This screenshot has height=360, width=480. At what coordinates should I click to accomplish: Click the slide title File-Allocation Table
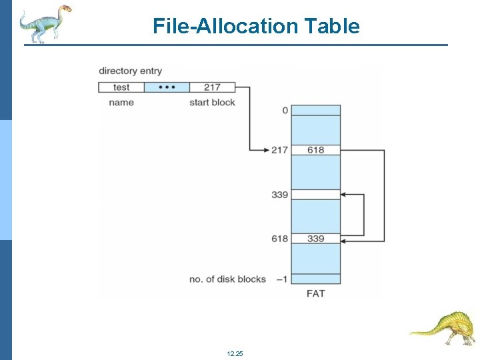[x=256, y=26]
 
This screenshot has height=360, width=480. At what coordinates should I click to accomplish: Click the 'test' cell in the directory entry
[x=121, y=87]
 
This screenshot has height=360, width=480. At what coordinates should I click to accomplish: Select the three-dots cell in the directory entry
[x=167, y=87]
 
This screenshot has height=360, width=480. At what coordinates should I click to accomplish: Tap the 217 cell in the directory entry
[x=212, y=87]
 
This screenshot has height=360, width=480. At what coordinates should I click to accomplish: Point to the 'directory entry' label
[x=130, y=71]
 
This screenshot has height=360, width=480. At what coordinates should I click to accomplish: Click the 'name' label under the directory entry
[x=121, y=103]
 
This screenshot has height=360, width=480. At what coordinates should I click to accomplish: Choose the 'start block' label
[x=212, y=103]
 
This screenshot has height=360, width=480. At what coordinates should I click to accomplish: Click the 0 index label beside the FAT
[x=285, y=110]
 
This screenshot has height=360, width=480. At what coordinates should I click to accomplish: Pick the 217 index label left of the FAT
[x=280, y=150]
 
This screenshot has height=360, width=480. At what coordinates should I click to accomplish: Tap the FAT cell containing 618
[x=316, y=150]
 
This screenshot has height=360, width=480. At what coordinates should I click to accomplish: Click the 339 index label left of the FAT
[x=280, y=195]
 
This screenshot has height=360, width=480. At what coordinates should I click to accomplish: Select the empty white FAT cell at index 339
[x=316, y=195]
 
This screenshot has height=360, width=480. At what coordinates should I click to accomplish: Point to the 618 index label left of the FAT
[x=280, y=239]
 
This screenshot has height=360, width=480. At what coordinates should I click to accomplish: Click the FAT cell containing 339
[x=316, y=239]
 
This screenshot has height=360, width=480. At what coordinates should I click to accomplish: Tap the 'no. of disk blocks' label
[x=227, y=279]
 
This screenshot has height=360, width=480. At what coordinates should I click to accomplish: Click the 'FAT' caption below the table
[x=316, y=293]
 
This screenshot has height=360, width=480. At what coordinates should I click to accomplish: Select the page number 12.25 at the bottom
[x=235, y=353]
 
